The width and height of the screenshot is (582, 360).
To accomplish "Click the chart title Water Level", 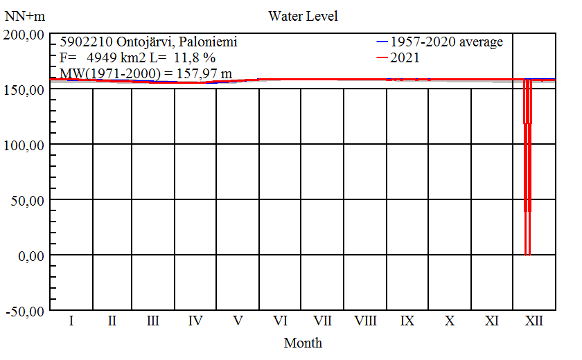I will coord(303,15).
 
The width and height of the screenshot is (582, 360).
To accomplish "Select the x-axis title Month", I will coord(303,342).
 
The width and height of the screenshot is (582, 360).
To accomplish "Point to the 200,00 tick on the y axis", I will coord(25,35).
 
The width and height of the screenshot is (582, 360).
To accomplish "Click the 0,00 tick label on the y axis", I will coord(30,256).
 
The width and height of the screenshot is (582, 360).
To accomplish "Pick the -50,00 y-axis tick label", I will coord(25,312).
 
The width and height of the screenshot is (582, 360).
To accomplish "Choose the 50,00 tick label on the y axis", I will coord(28,201).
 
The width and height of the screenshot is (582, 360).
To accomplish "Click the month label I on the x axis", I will coord(71,321).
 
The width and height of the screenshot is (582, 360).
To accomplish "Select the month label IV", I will coord(195,321).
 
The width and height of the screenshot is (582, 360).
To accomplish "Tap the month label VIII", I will coord(365,321).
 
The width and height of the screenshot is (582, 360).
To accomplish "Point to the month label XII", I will coord(533,321).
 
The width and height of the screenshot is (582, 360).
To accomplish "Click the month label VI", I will coord(280,321).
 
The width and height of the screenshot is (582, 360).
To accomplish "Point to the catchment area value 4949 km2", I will coord(105,57).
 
